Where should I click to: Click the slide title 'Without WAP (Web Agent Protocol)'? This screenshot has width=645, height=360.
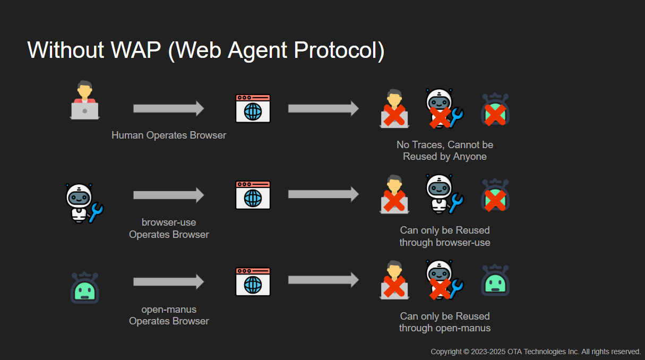205,50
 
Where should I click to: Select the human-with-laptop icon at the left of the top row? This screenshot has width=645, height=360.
84,100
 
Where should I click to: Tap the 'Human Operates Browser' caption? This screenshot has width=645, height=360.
169,135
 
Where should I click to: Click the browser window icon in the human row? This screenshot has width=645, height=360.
253,109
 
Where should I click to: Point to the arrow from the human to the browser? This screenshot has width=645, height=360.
168,108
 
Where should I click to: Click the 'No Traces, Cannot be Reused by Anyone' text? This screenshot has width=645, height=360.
444,151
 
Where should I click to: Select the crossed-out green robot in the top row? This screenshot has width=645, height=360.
495,110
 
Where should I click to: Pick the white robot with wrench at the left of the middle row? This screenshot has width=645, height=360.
82,203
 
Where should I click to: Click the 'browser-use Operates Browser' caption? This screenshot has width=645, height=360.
169,228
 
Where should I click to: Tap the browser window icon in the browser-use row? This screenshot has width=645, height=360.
253,195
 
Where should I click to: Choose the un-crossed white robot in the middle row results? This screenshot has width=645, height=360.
443,194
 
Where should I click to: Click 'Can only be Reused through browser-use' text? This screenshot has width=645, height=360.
444,236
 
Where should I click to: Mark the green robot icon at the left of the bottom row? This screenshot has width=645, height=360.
85,288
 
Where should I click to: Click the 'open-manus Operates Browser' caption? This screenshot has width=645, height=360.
169,315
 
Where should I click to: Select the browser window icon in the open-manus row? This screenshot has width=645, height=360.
253,281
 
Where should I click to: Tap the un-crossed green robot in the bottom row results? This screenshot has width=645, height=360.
495,280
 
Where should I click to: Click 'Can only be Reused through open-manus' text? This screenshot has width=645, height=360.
444,322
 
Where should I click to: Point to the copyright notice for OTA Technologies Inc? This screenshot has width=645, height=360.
535,352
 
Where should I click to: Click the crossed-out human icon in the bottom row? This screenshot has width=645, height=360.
394,280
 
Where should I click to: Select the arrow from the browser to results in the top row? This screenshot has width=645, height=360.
323,108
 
